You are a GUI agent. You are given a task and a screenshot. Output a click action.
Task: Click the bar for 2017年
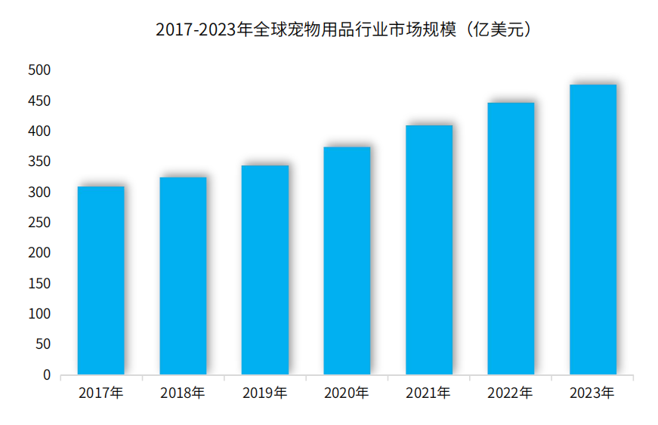tap(101, 280)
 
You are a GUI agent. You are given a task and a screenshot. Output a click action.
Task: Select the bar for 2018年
tap(183, 276)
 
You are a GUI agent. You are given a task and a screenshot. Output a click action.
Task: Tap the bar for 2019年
tap(265, 269)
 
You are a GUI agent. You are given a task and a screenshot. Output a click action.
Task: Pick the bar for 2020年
tap(347, 260)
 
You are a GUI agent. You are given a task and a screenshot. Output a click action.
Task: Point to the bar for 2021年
tap(429, 250)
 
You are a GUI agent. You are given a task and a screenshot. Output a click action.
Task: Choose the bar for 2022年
tap(511, 239)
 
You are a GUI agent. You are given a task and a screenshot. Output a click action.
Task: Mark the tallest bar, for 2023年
tap(593, 229)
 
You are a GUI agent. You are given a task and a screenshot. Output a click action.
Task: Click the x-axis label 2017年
tap(101, 393)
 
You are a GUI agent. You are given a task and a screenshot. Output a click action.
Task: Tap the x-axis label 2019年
tap(265, 393)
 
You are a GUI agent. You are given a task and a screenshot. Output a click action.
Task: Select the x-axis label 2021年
tap(429, 393)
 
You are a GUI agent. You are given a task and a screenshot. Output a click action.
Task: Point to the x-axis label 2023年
tap(593, 393)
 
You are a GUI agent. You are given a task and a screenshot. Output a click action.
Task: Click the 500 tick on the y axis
tap(39, 71)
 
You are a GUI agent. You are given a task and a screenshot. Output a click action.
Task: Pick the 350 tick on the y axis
tap(39, 162)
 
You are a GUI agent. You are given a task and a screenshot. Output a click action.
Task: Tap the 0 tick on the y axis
tap(47, 375)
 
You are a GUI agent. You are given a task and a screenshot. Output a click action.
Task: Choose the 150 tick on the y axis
tap(39, 284)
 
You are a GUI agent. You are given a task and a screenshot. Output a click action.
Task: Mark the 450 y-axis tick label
tap(39, 101)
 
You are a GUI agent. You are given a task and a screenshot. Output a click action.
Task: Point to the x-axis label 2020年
tap(347, 393)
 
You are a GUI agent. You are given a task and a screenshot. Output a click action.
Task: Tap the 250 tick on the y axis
tap(39, 223)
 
